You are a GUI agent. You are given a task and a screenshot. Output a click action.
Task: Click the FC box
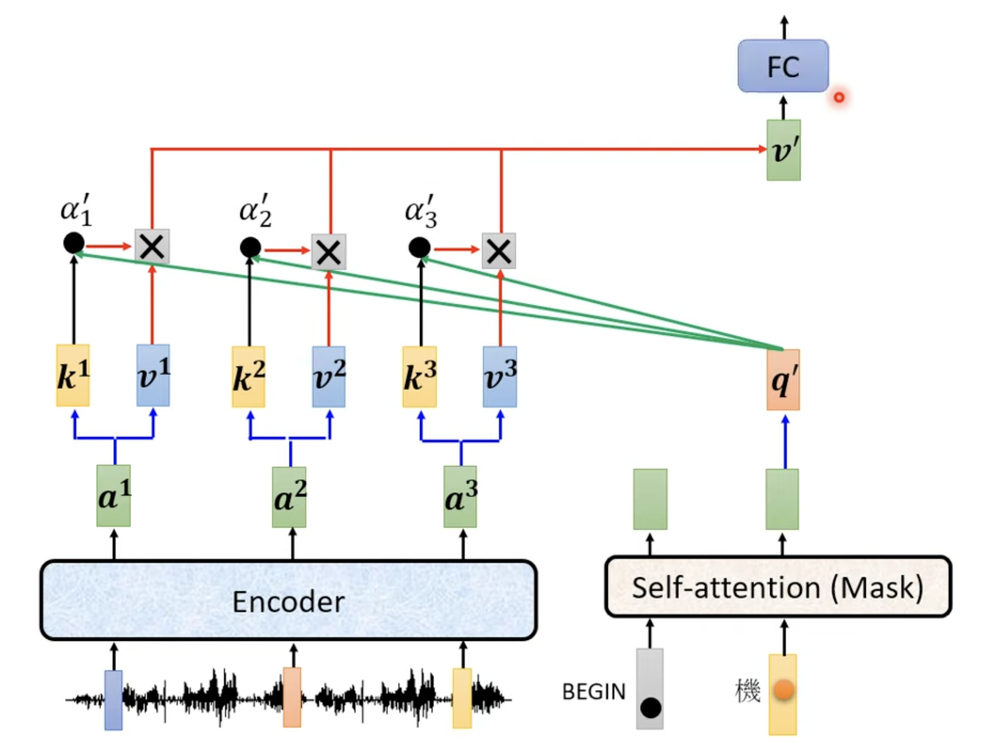[x=783, y=66]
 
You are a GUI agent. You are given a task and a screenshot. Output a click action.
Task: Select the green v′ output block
[x=784, y=150]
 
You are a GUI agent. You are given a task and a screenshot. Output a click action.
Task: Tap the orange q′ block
[x=783, y=380]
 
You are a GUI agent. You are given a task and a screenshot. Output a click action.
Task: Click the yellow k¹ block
[x=73, y=375]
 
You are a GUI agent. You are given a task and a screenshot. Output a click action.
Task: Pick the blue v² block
[x=329, y=377]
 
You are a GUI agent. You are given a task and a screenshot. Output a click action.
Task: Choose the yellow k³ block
[x=420, y=377]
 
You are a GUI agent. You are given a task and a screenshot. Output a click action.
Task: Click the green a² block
[x=289, y=497]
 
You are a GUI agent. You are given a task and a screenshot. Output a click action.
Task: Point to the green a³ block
[x=460, y=497]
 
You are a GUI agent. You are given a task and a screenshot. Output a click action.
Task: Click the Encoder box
[x=288, y=600]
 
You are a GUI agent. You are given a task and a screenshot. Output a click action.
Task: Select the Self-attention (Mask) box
[x=778, y=587]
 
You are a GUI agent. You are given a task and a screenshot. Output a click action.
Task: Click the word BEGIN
[x=594, y=692]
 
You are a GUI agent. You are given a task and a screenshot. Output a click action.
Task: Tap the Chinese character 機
[x=748, y=690]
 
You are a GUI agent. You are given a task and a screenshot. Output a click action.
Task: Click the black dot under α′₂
[x=250, y=247]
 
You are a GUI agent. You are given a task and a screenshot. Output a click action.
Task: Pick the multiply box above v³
[x=499, y=251]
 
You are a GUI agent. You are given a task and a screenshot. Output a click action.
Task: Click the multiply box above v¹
[x=152, y=247]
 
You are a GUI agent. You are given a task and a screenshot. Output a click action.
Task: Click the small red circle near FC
[x=839, y=97]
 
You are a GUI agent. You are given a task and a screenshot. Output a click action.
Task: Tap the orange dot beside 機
[x=784, y=690]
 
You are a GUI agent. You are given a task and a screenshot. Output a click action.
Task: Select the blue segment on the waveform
[x=113, y=700]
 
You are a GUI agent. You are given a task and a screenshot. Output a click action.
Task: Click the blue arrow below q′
[x=785, y=442]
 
